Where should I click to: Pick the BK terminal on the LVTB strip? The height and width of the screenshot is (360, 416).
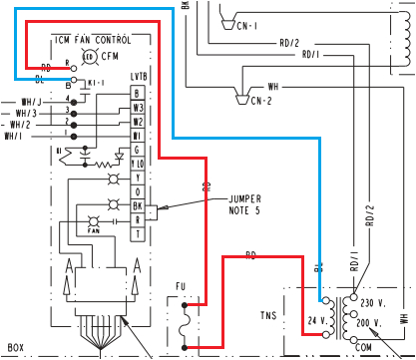pos(137,204)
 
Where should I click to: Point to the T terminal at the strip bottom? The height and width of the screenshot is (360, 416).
pos(137,232)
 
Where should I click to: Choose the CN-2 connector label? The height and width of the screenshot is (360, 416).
pos(261,100)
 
